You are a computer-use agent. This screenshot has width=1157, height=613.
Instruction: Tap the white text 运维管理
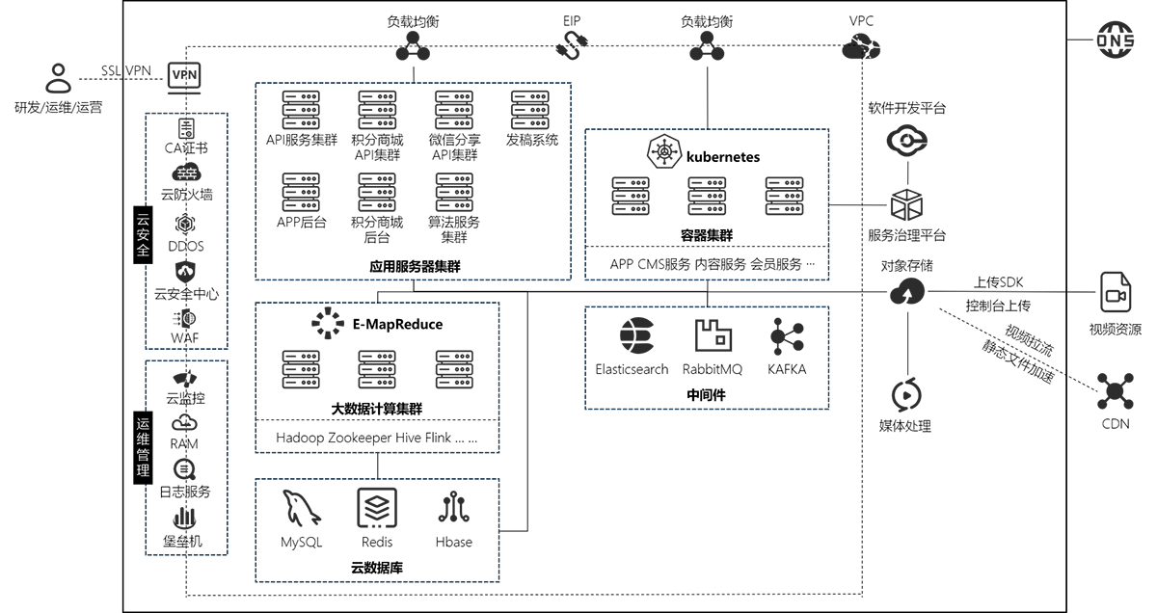[144, 447]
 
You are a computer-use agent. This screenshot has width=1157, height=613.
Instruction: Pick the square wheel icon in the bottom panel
[372, 508]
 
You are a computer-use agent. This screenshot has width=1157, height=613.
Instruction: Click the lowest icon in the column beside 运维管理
[182, 521]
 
